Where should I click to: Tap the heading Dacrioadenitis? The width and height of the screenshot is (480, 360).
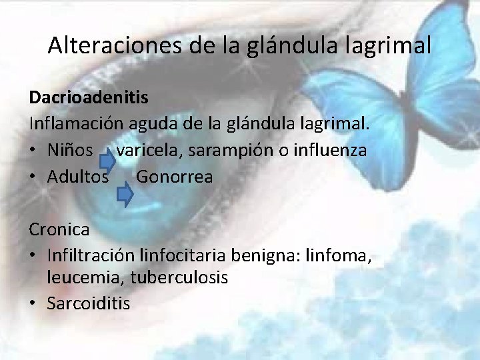89,97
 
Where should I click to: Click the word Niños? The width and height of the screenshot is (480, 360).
70,151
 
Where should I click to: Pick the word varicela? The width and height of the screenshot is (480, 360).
149,151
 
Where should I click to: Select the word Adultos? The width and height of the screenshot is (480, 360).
78,177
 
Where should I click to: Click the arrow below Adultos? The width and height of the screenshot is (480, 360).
125,194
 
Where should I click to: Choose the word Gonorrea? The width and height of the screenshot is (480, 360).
175,177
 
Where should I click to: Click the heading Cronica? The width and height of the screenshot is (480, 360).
59,230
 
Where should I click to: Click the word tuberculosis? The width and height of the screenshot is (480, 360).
179,277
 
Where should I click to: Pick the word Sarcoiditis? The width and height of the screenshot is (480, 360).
89,303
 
